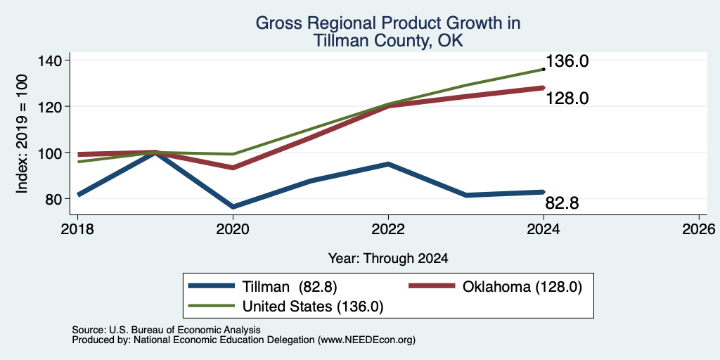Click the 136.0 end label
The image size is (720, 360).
[567, 61]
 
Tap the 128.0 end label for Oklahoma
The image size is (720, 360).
[567, 98]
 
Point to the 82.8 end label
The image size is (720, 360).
[562, 203]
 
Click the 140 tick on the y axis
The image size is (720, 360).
[52, 60]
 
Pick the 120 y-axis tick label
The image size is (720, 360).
[52, 107]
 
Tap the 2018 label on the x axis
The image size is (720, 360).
[77, 229]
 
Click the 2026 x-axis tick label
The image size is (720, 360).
[699, 229]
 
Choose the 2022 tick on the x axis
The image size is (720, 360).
[388, 229]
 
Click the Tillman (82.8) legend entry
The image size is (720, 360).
[263, 287]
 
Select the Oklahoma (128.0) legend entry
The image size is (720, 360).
[495, 287]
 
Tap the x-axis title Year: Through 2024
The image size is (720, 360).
[388, 259]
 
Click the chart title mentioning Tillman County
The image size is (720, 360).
[388, 32]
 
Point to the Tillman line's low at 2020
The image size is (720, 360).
[233, 207]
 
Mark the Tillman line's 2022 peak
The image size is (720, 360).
[388, 164]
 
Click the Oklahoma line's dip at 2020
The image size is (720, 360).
[233, 167]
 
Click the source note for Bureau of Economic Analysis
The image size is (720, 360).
[166, 330]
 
